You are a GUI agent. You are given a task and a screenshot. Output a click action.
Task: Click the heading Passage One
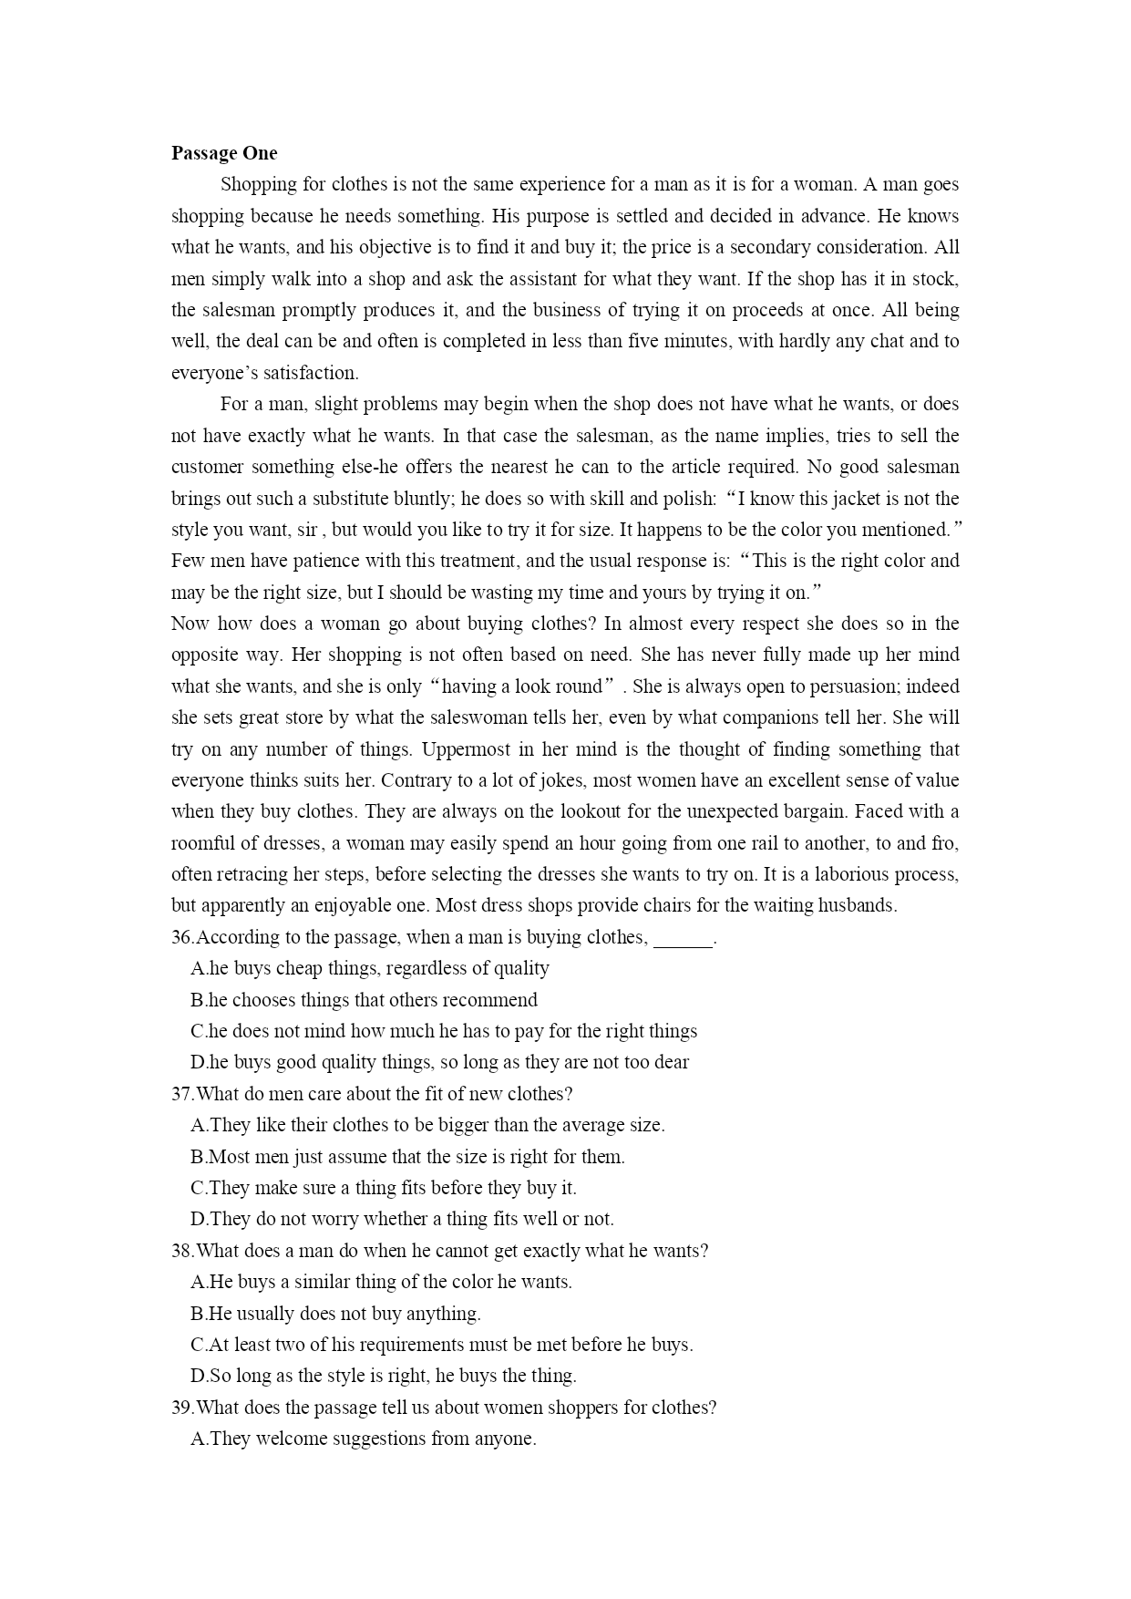pos(224,153)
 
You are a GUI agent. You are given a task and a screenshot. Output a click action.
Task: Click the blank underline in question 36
pos(684,939)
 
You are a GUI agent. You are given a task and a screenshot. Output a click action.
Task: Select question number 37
pos(182,1094)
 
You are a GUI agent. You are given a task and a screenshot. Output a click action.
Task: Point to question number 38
pos(182,1251)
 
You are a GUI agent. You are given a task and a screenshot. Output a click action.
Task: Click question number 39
pos(182,1408)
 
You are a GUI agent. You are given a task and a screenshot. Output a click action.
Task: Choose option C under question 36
pos(444,1031)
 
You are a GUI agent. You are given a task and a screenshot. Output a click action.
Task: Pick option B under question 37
pos(407,1157)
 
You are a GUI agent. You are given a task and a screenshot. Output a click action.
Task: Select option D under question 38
pos(383,1376)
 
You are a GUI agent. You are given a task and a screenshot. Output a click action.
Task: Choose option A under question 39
pos(364,1439)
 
